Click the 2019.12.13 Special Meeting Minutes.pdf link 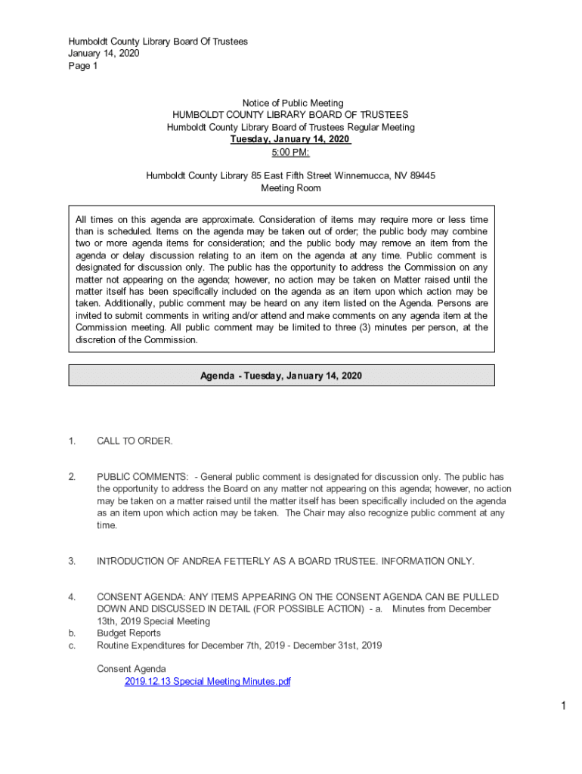coord(207,682)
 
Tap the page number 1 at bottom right coord(564,706)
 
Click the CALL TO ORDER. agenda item coord(135,441)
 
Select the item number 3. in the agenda coord(72,561)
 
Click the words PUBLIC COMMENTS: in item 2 coord(142,477)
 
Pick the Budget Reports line coord(128,633)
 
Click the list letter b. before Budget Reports coord(72,633)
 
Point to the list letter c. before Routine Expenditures coord(72,646)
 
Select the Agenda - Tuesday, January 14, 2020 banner coord(281,376)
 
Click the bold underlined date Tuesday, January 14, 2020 coord(290,140)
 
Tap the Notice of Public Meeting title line coord(293,103)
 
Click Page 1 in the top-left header coord(83,66)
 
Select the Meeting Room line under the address coord(291,188)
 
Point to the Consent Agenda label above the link coord(132,669)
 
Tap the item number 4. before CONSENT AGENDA coord(72,597)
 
